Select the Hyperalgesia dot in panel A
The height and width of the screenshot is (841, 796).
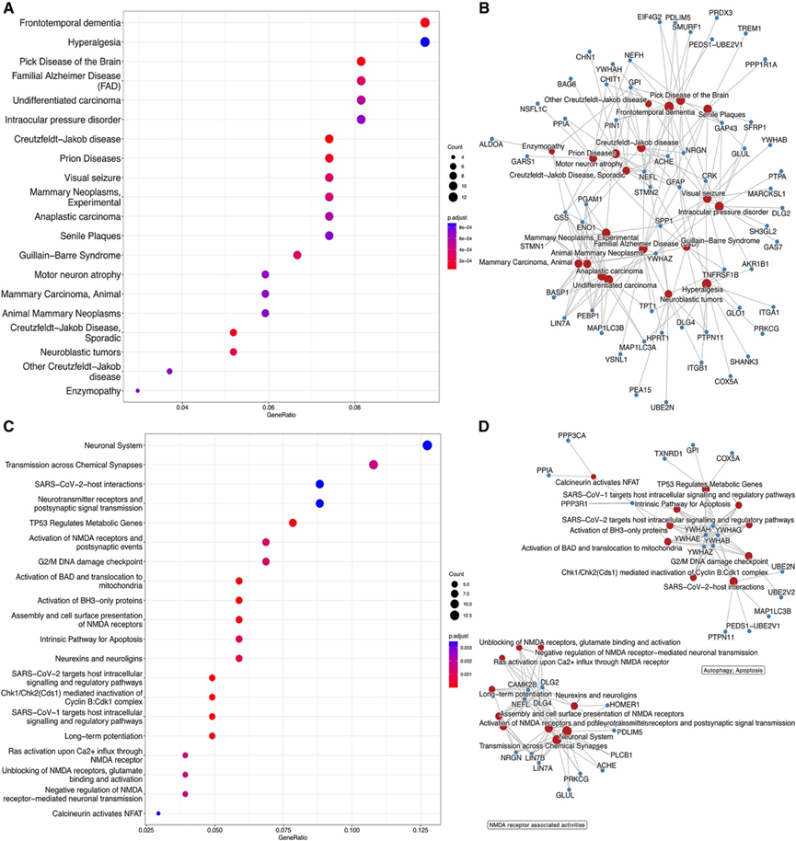[425, 42]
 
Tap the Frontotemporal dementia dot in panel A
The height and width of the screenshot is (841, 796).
[425, 23]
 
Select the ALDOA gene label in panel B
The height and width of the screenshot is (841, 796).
[490, 144]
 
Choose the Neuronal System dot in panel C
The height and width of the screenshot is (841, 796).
[427, 445]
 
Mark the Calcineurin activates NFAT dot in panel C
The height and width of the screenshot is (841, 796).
[158, 813]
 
